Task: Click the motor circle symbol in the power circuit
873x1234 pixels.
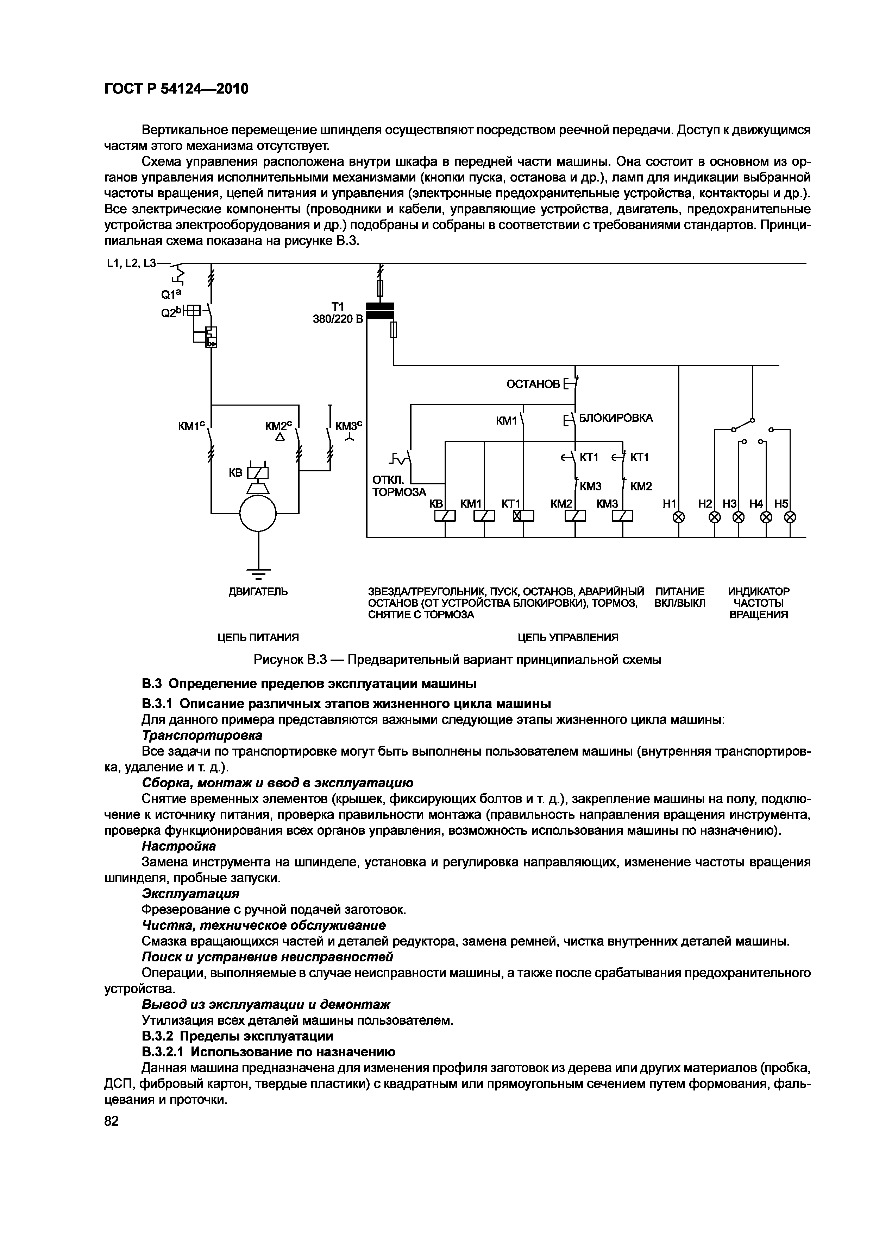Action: pos(258,513)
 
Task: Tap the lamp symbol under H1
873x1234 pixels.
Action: pos(679,517)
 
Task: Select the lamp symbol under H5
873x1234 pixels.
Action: pos(790,517)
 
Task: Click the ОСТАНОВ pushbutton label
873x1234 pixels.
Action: pos(533,384)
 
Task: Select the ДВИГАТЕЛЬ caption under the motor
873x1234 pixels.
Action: pos(258,592)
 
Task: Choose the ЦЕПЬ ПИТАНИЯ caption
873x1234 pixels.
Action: pos(258,637)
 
